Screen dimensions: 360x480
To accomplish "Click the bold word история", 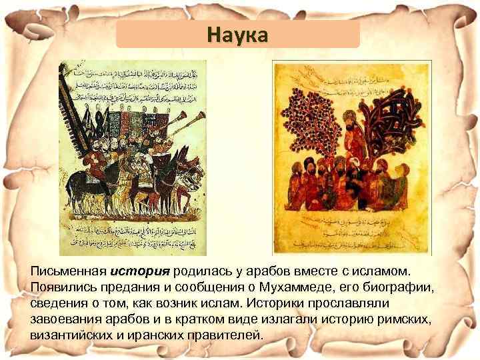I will coord(141,272).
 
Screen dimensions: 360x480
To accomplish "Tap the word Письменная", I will coord(68,272).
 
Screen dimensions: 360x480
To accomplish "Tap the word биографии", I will coord(409,287).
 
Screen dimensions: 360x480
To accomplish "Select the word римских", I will coord(399,319).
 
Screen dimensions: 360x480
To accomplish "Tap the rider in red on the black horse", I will coord(94,160).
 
